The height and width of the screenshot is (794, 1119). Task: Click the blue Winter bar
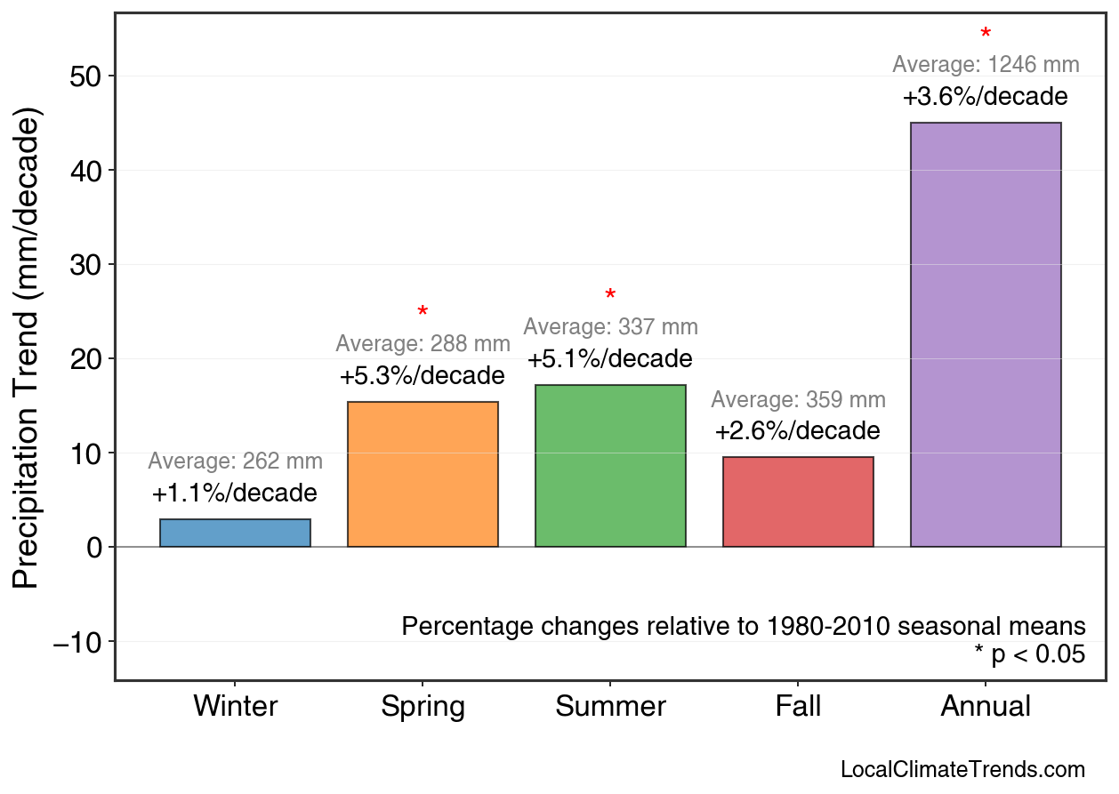[235, 533]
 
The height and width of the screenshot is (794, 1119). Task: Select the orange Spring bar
[423, 474]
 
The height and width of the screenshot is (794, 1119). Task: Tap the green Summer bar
[610, 466]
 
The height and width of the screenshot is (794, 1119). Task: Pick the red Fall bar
[798, 501]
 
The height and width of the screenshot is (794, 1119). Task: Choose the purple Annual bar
[986, 334]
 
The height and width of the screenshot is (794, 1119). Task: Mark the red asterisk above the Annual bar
[986, 35]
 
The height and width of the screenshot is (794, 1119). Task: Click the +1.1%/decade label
[235, 493]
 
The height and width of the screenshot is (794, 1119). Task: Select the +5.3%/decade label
[423, 376]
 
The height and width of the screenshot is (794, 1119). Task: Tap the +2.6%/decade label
[798, 431]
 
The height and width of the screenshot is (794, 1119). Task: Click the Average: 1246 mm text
[986, 65]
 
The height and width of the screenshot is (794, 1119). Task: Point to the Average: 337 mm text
[610, 327]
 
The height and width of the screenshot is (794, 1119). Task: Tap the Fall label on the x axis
[798, 707]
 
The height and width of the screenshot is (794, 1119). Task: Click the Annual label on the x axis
[986, 707]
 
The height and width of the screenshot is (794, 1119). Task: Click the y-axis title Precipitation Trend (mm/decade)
[28, 350]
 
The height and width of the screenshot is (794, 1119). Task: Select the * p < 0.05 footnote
[1029, 655]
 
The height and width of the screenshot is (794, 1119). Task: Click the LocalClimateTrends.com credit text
[962, 770]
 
